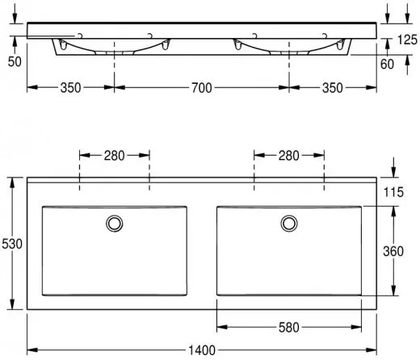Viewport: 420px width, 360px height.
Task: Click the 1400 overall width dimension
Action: pos(202,350)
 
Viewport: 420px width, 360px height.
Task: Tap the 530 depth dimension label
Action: pos(12,244)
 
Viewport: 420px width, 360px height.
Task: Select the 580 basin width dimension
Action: pos(289,328)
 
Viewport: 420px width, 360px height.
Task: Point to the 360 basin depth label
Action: pos(393,251)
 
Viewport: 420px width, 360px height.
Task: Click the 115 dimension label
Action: pos(393,192)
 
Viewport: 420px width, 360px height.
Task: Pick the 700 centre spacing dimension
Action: pos(202,88)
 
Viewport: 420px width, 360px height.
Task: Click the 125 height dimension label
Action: pos(407,40)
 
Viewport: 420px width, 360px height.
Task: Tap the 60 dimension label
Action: pos(387,64)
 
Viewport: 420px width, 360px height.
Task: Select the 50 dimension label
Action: pos(15,62)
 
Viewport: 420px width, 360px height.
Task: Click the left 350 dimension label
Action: pos(70,88)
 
